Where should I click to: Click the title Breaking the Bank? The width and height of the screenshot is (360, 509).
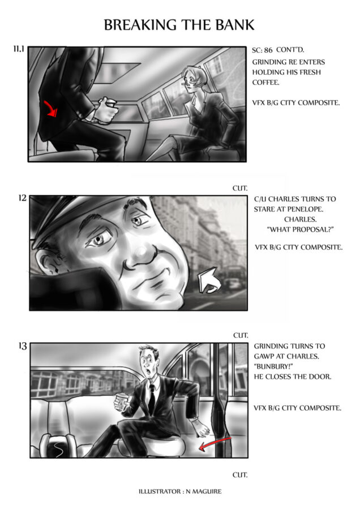[179, 25]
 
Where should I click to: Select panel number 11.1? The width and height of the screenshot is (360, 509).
[19, 49]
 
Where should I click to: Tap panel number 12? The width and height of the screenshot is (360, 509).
[23, 198]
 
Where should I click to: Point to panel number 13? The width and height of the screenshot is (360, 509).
[23, 346]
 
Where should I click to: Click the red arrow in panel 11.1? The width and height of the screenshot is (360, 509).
[51, 108]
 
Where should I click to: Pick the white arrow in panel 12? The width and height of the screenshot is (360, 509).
[209, 280]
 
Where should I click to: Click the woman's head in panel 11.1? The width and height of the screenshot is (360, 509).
[194, 78]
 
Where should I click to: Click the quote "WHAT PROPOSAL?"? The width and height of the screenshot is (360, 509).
[300, 230]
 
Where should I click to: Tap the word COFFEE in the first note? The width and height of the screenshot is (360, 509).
[265, 83]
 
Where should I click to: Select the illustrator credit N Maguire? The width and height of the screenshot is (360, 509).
[180, 491]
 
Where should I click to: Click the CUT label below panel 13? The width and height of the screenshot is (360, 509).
[240, 475]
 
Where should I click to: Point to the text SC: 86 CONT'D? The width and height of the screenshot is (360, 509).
[278, 50]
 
